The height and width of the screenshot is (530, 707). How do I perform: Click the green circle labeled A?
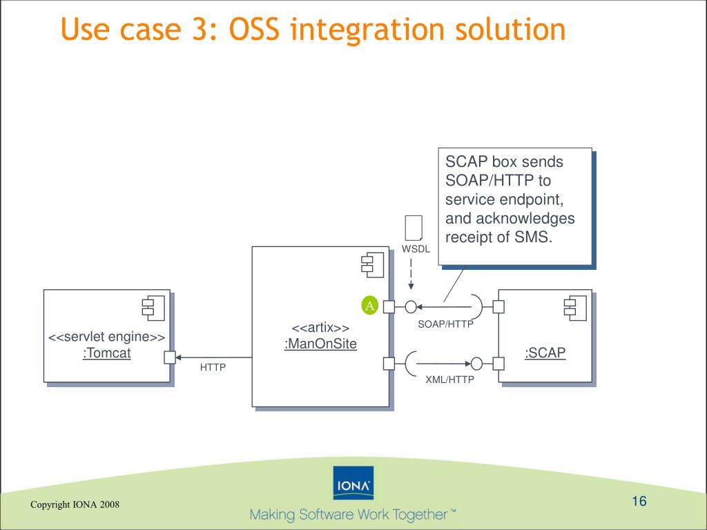(369, 306)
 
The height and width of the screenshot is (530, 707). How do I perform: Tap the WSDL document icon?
(413, 228)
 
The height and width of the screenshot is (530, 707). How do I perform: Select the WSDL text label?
(416, 249)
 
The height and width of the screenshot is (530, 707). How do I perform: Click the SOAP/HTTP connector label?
(445, 324)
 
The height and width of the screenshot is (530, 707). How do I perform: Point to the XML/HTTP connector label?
(449, 379)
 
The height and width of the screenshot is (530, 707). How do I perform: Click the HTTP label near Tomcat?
(213, 367)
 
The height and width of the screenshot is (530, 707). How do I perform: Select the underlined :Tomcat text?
(106, 353)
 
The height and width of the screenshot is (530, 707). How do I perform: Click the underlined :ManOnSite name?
(320, 343)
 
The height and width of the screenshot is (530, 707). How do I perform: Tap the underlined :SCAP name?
(545, 353)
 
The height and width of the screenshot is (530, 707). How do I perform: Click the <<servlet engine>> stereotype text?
(106, 337)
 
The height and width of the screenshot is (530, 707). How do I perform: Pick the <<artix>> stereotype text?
(320, 328)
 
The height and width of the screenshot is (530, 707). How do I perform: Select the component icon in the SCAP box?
(574, 306)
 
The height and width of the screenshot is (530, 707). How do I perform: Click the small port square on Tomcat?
(169, 357)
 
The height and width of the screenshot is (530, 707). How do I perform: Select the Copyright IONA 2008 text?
(75, 504)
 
